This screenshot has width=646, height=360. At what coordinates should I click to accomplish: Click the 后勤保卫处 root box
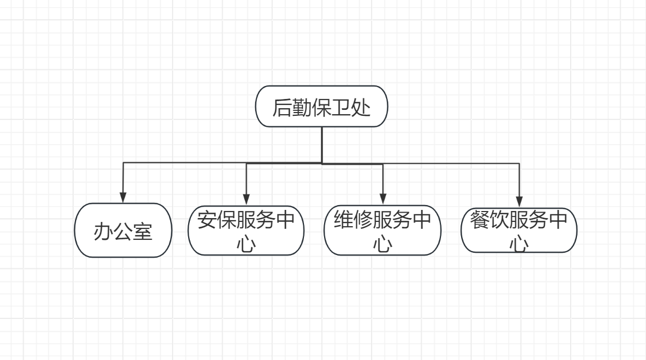click(x=321, y=107)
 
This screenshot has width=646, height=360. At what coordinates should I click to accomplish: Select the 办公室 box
click(x=123, y=230)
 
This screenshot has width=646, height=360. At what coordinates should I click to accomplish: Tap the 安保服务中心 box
click(x=246, y=230)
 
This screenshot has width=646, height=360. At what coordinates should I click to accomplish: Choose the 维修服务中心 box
click(x=383, y=230)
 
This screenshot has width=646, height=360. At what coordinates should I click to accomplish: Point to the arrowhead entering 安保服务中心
click(x=246, y=199)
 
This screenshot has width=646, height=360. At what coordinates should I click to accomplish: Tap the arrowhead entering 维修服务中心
click(x=383, y=199)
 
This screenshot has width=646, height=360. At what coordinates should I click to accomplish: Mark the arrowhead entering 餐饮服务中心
click(x=519, y=200)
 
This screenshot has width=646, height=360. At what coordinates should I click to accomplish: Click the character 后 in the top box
click(x=282, y=108)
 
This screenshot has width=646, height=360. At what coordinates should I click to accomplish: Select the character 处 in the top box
click(x=361, y=108)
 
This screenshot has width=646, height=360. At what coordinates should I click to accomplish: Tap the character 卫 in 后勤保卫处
click(x=341, y=108)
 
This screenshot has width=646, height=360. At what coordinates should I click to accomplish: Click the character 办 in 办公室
click(x=103, y=232)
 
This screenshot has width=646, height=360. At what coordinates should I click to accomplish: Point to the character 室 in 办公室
click(x=142, y=232)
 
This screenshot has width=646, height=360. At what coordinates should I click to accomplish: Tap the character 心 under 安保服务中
click(x=246, y=244)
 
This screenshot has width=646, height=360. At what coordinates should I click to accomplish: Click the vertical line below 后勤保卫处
click(x=322, y=145)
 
